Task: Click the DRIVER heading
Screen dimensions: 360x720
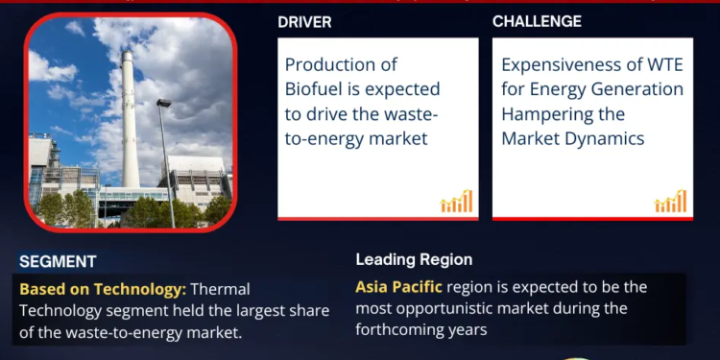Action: (304, 21)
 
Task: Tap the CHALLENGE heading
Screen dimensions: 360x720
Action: (537, 21)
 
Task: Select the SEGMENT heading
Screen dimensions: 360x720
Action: (58, 261)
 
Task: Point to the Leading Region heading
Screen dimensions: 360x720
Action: (414, 259)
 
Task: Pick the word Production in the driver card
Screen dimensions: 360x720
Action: (327, 65)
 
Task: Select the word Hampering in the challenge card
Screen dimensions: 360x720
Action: (545, 114)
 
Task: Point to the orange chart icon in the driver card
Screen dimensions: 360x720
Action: (456, 201)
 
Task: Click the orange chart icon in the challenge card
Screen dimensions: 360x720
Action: (670, 201)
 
